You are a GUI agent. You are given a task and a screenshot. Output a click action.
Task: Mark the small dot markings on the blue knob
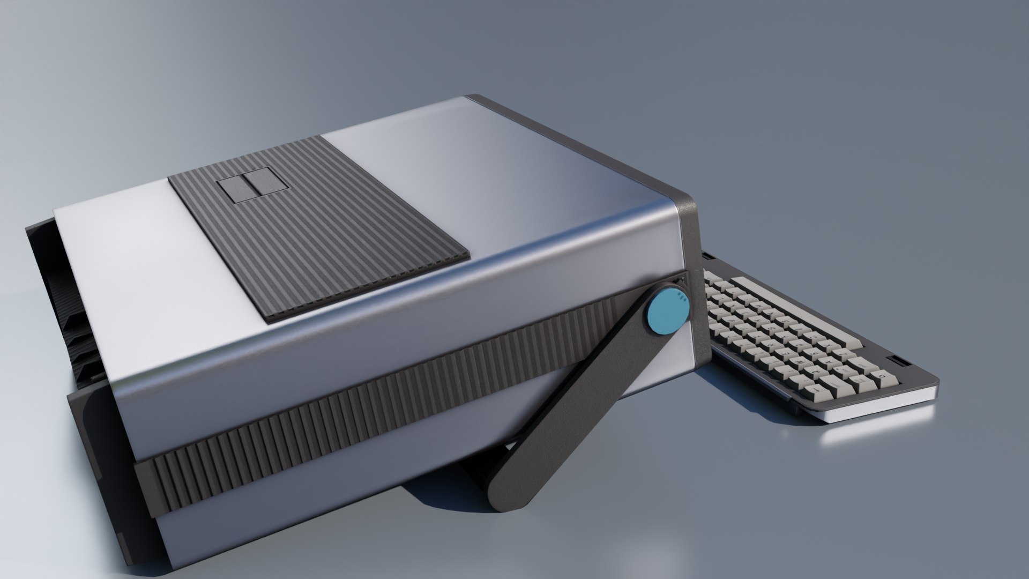coord(681,298)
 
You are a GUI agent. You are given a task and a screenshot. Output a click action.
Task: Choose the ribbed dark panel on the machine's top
coord(322,231)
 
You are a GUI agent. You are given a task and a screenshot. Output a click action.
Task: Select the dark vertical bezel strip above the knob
coord(689,236)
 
